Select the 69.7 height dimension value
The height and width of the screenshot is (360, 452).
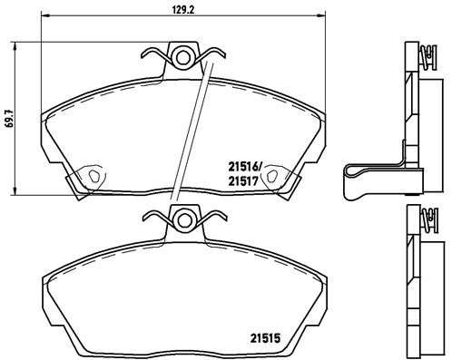click(x=9, y=118)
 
